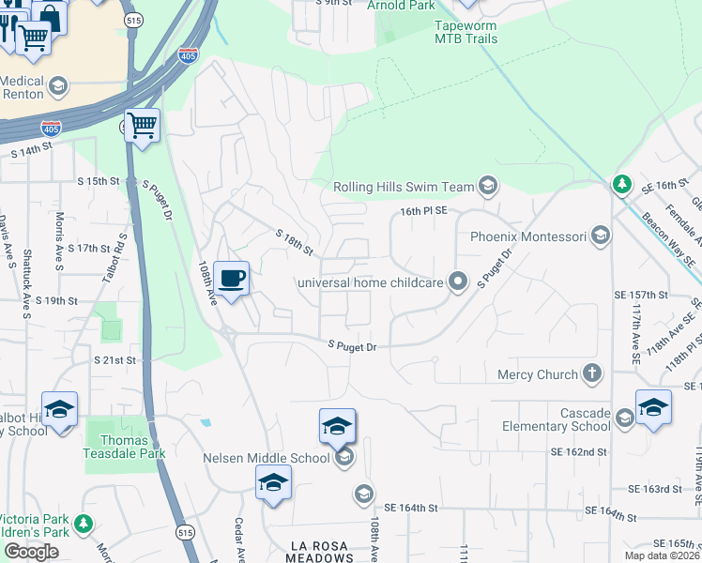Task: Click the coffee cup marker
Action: (232, 278)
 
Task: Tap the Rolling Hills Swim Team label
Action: (404, 187)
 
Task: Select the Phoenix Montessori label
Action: (528, 236)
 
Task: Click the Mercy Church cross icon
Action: (591, 374)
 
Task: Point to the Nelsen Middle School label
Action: (266, 458)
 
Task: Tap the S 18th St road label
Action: (294, 243)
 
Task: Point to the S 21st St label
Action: (114, 359)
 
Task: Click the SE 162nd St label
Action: (578, 452)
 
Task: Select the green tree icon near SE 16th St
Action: (620, 185)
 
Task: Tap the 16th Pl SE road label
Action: (420, 213)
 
